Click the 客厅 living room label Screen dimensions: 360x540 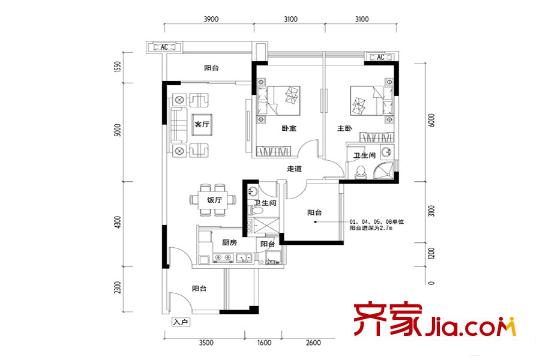(203, 125)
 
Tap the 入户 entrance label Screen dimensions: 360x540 (180, 323)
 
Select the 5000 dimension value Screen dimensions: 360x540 (117, 131)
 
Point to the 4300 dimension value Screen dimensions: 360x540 (117, 222)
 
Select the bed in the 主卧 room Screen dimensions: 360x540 (367, 105)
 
